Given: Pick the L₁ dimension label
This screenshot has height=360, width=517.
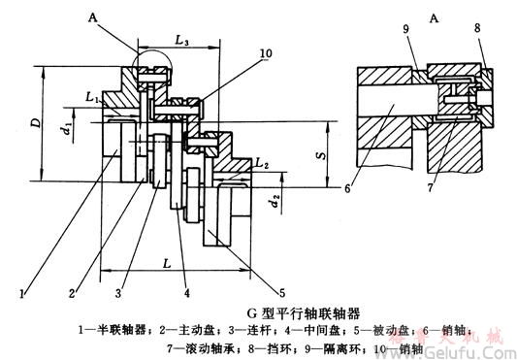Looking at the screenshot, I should point(91,98).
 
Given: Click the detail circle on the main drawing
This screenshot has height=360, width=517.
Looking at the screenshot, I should point(152,72).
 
